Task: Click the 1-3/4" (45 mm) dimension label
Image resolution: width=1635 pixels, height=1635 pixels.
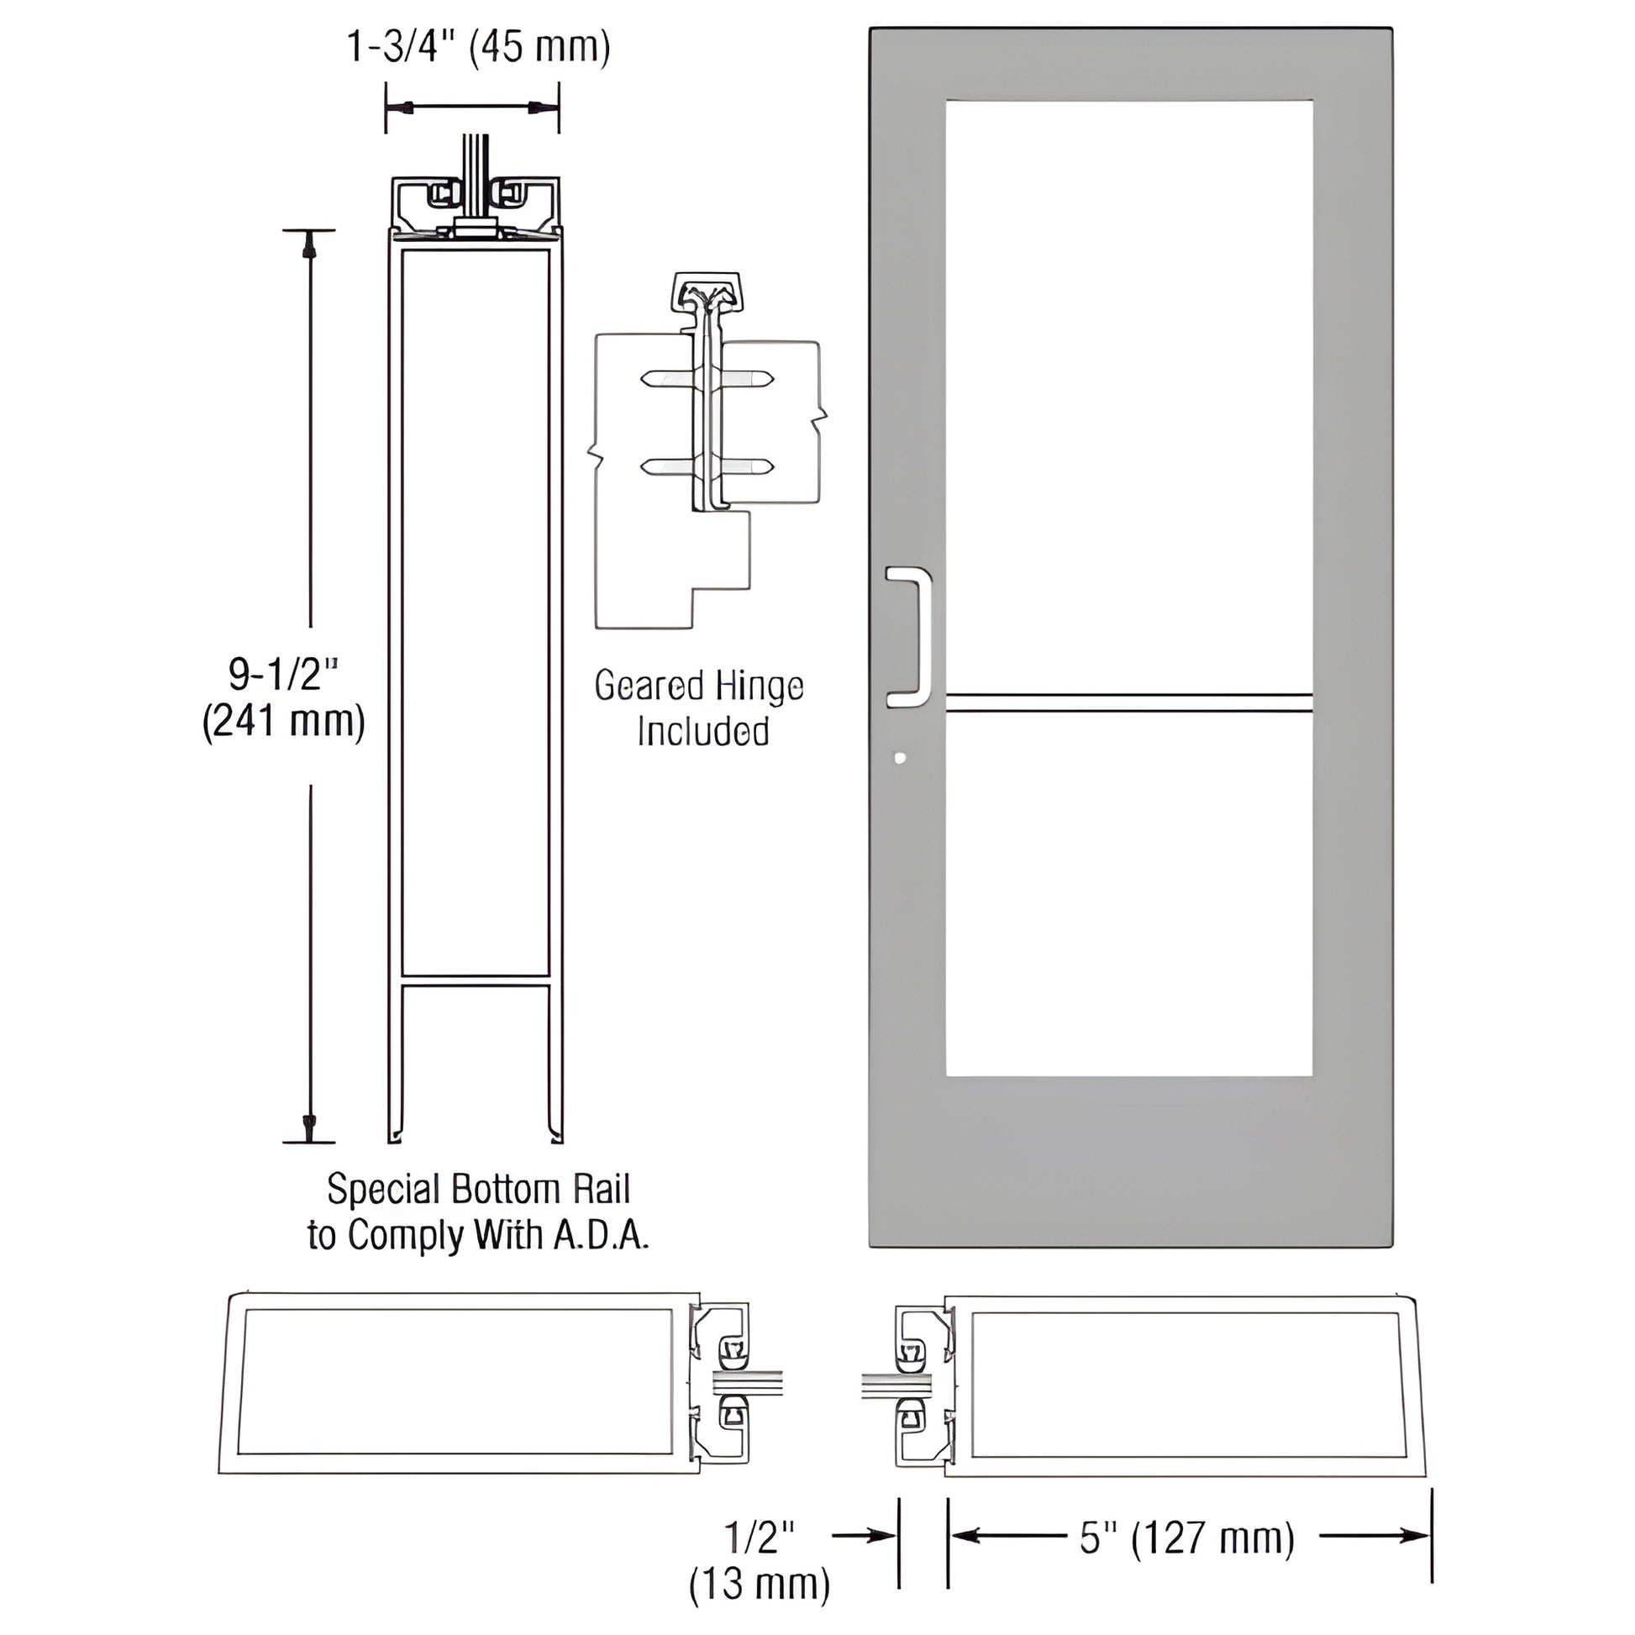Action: [478, 46]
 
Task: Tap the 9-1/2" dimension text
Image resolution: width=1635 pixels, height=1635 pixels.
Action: [282, 675]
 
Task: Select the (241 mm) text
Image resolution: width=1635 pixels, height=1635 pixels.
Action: [283, 722]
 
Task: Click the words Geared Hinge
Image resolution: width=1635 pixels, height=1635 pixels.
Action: [698, 686]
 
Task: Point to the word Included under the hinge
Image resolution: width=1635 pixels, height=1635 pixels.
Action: [702, 731]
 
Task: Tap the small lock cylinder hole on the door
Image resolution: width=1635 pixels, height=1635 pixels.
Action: [900, 757]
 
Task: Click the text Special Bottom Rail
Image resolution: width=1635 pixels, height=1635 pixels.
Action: [478, 1189]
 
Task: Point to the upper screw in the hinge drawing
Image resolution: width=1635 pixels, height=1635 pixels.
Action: [707, 378]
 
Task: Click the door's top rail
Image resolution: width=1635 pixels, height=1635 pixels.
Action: [1129, 65]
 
